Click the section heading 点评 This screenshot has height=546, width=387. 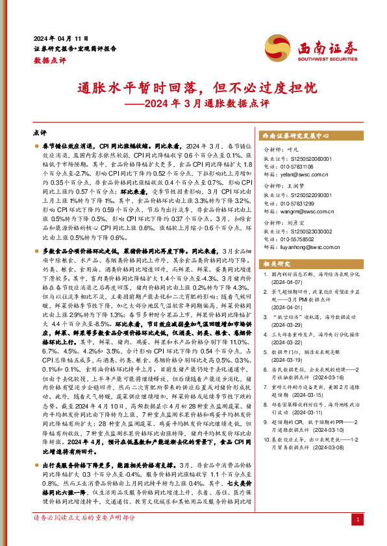40,130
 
